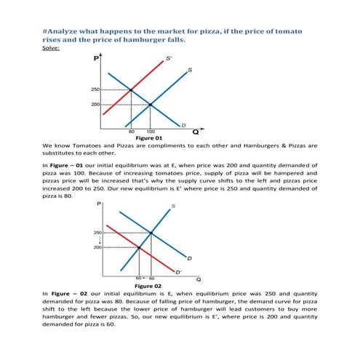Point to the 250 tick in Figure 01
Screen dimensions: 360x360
point(95,89)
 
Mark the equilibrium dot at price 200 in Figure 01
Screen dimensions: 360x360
point(150,105)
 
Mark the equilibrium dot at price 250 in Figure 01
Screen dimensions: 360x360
point(131,89)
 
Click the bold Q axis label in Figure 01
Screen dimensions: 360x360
point(194,133)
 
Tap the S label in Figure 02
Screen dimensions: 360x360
point(173,207)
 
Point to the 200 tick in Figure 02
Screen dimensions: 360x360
point(97,247)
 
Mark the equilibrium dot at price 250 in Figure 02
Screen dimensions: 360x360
point(151,233)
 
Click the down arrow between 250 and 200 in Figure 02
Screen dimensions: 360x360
point(97,240)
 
